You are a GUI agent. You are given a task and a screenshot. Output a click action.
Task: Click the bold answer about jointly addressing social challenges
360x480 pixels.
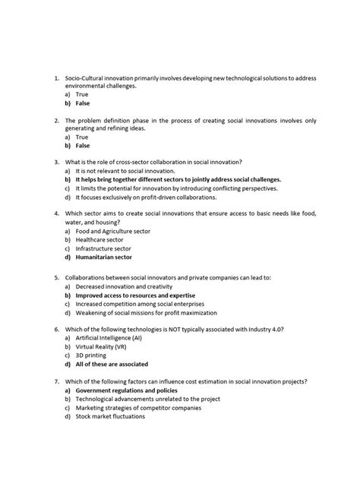coord(172,180)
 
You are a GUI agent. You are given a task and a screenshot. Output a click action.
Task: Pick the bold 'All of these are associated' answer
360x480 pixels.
coord(111,364)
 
